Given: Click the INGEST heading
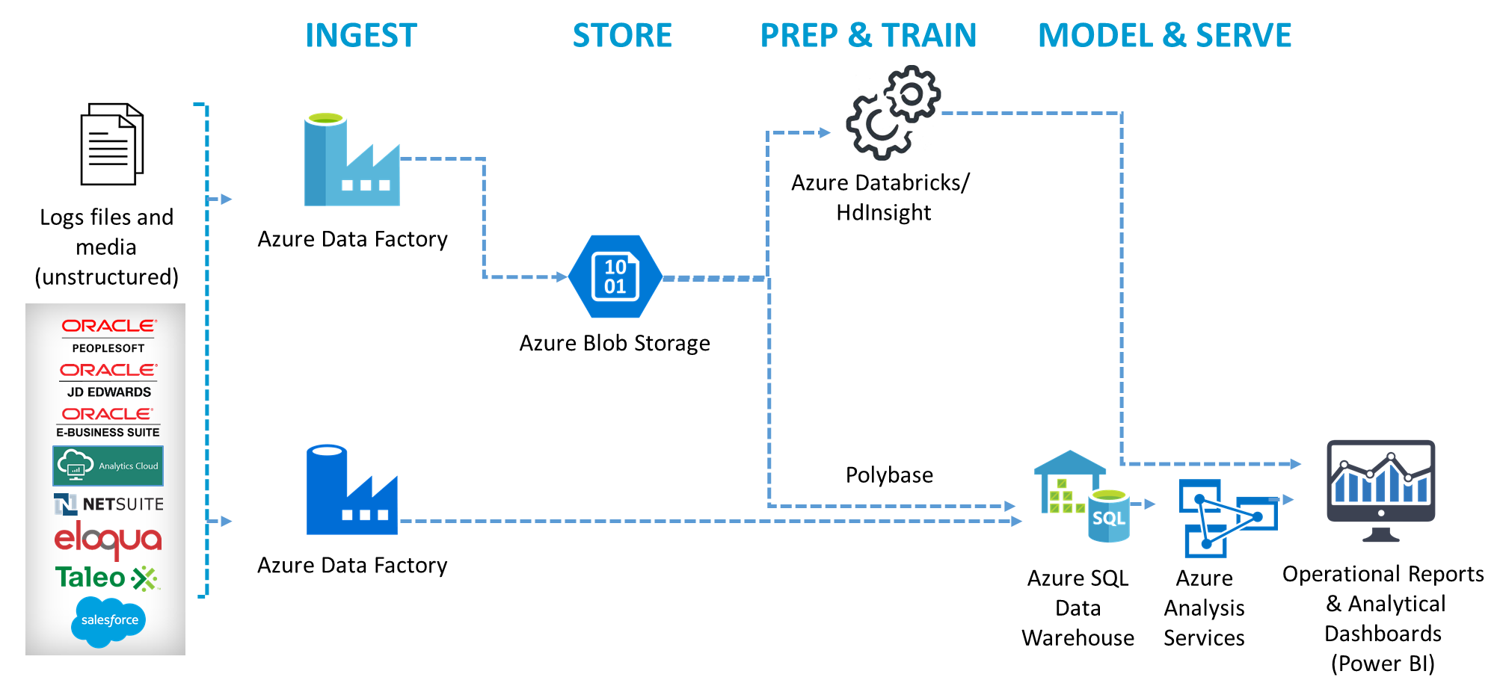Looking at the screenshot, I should point(361,36).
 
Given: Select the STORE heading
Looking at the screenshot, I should point(622,36).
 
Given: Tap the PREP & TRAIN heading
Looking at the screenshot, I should point(868,36).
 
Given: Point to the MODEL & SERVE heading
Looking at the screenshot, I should point(1164,36).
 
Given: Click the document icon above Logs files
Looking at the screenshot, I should point(111,144).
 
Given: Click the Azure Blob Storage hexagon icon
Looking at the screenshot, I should point(615,276).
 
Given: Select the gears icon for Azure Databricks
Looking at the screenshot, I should point(893,113).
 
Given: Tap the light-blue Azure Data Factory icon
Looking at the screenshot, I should point(351,160).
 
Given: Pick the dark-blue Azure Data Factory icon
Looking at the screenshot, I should point(351,490).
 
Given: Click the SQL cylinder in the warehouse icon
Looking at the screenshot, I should point(1108,516).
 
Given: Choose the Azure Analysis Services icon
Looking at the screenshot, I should point(1226,518).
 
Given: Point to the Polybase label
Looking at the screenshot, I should point(889,475).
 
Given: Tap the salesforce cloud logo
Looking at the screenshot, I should point(108,620).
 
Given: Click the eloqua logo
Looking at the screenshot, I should point(108,539).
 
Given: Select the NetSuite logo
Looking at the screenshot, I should point(108,504).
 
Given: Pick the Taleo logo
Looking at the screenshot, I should point(107,578).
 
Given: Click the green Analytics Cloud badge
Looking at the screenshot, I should point(108,466).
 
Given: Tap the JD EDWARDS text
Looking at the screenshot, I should point(109,392).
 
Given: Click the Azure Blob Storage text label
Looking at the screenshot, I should point(615,343).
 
